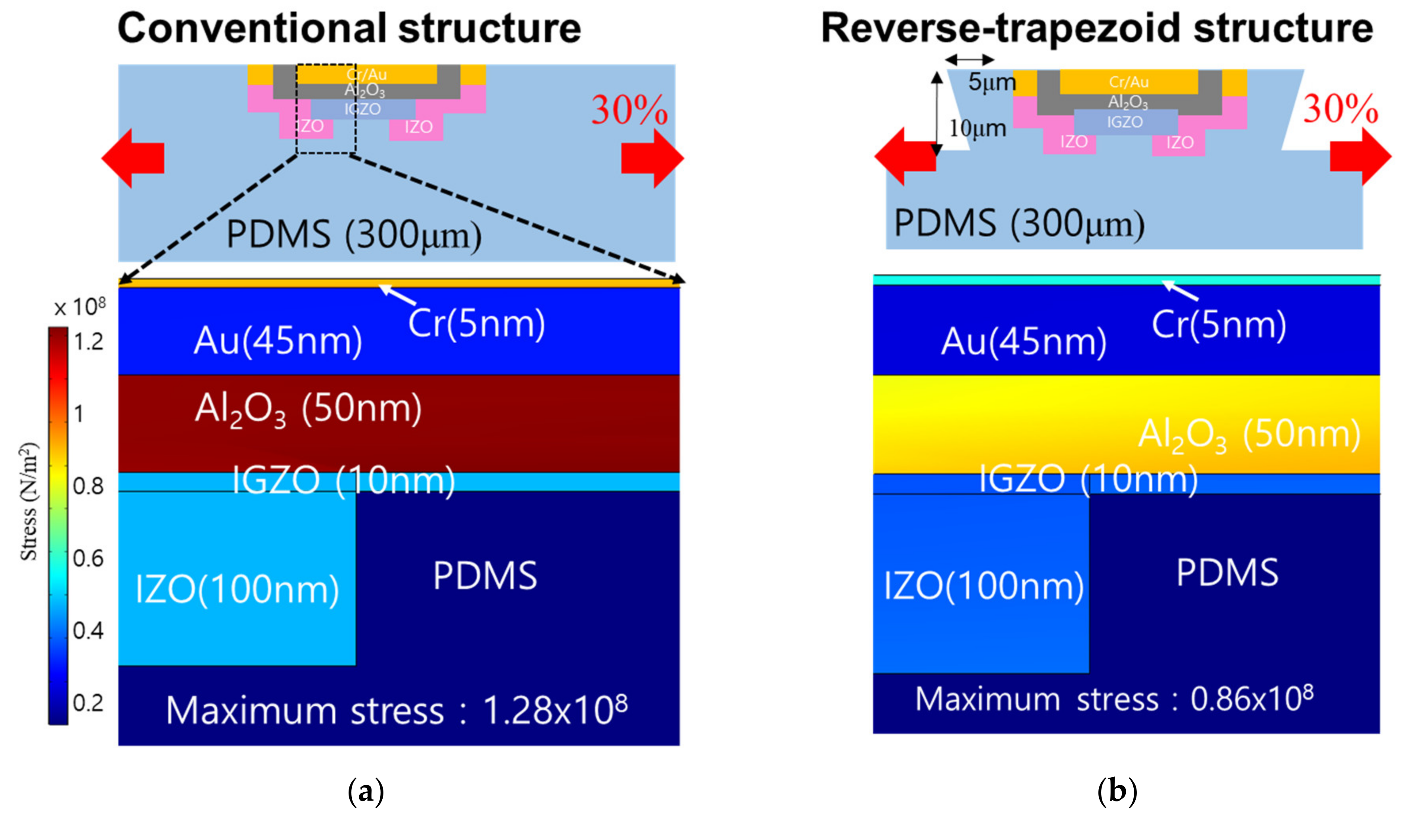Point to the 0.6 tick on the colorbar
pyautogui.click(x=88, y=558)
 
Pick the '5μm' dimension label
pyautogui.click(x=991, y=82)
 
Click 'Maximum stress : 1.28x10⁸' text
pyautogui.click(x=397, y=711)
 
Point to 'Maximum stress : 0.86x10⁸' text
pyautogui.click(x=1114, y=699)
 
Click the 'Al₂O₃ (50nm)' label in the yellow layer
pyautogui.click(x=1249, y=435)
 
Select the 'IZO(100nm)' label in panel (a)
pyautogui.click(x=237, y=589)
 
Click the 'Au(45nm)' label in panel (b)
pyautogui.click(x=1024, y=341)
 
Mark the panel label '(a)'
pyautogui.click(x=366, y=791)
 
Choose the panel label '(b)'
pyautogui.click(x=1117, y=791)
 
